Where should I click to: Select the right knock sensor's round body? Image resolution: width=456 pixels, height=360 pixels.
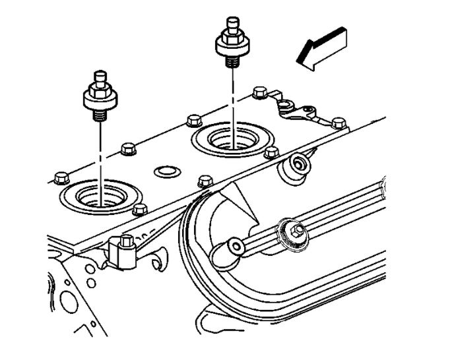tap(233, 45)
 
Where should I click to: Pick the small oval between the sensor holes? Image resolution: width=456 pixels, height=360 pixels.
tap(165, 173)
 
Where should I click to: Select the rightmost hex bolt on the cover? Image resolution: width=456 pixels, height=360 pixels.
tap(339, 123)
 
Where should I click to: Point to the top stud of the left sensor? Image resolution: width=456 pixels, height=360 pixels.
tap(100, 78)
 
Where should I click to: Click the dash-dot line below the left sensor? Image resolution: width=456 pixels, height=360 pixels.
tap(100, 152)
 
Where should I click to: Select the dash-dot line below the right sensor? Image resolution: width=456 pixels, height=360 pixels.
tap(233, 99)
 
